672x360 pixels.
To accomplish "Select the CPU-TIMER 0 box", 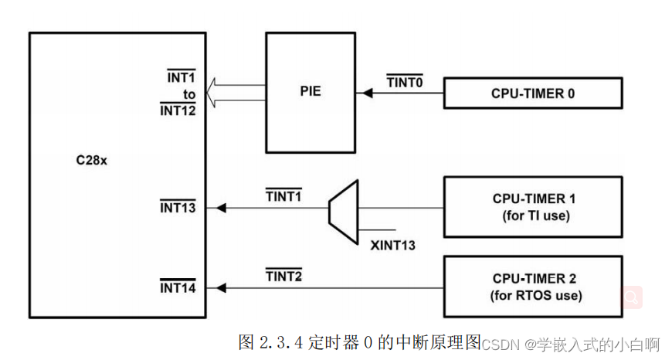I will click(x=533, y=93).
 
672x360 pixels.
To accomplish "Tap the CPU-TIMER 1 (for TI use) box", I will click(x=533, y=207).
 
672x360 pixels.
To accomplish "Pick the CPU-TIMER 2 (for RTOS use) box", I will click(x=533, y=287).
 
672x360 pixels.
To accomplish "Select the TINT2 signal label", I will click(x=283, y=275).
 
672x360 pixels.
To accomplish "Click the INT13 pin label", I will click(x=178, y=208).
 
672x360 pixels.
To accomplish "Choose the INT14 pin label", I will click(x=178, y=288).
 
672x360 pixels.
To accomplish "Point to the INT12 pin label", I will click(x=178, y=110).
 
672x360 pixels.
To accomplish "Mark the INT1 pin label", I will click(x=181, y=78).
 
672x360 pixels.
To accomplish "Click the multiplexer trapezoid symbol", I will click(x=343, y=207).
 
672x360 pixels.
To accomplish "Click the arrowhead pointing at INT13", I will click(x=222, y=208).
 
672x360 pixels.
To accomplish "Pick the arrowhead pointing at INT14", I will click(x=222, y=288).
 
